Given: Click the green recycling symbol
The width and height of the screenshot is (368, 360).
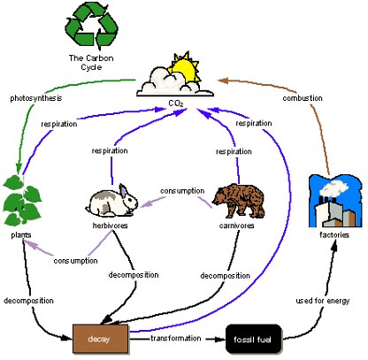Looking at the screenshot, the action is coord(92,27).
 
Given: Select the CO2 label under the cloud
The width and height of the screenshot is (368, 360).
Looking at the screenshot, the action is coord(176,103).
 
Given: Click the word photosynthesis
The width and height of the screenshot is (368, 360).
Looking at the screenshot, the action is coord(36,98).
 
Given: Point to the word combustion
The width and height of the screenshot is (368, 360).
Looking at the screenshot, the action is coord(303,98).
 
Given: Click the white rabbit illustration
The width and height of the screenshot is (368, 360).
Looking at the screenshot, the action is coord(112,201).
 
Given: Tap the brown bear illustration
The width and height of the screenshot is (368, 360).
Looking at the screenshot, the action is coord(239,201).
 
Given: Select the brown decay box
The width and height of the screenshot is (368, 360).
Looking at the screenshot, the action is coord(100,339).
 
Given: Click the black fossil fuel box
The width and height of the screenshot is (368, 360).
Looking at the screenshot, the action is coord(254,339).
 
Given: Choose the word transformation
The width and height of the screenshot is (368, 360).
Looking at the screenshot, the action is coord(176,338).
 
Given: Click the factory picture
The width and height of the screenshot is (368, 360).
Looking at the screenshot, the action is coord(335,201).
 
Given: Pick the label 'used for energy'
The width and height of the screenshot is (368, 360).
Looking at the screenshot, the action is coord(323,301).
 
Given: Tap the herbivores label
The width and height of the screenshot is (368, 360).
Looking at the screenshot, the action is coord(110,226).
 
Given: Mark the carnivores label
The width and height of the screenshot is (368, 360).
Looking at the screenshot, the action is coord(236,226).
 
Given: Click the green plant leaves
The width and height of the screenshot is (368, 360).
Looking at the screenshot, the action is coord(22,201).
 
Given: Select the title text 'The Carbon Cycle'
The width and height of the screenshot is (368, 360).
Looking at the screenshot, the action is coord(91,63).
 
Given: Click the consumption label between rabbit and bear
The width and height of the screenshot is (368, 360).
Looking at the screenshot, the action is coord(182,191).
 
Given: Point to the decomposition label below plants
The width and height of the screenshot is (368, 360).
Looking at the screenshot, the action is coord(28,301).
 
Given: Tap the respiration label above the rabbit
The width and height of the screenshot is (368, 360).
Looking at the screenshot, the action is coord(110,151).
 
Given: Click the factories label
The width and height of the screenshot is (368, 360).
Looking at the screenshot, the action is coord(334,235).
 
